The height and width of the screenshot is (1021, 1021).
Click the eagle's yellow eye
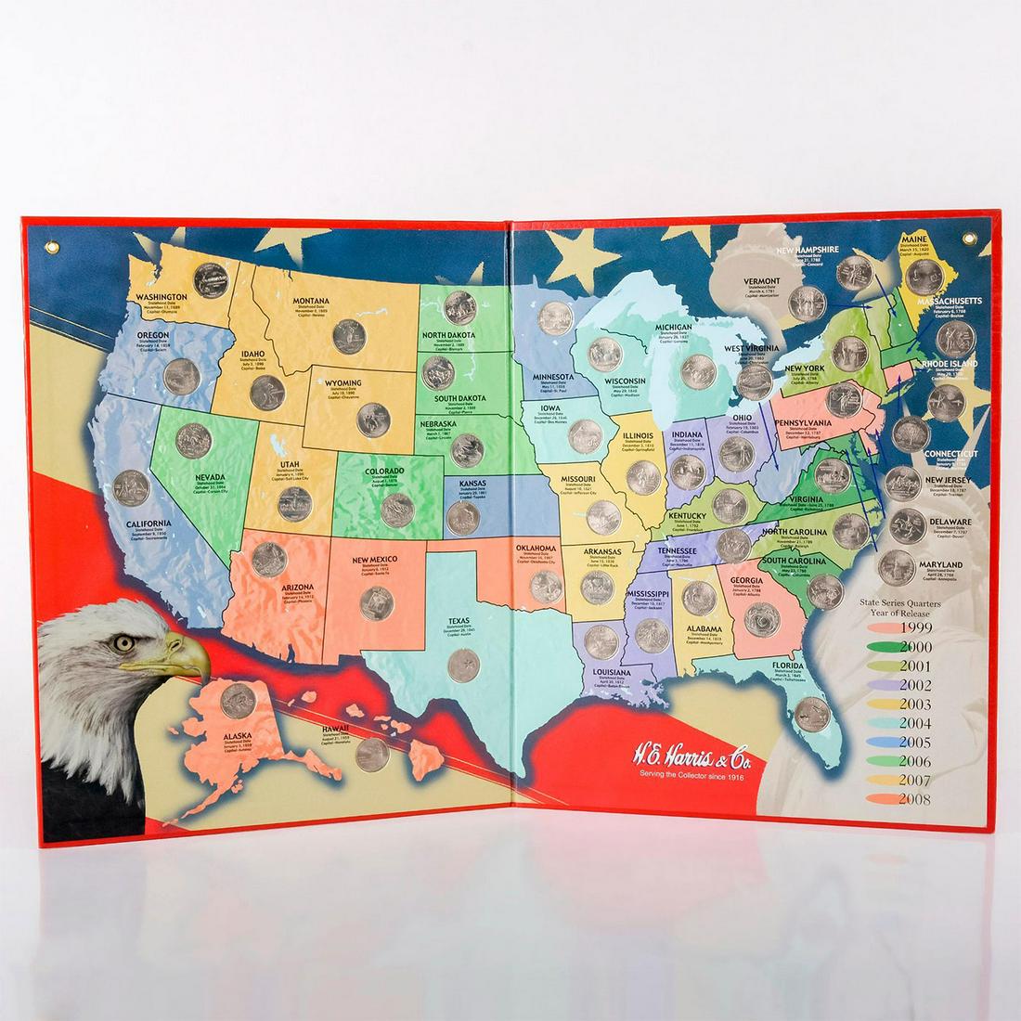pyautogui.click(x=120, y=641)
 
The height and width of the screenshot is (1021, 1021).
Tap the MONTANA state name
pyautogui.click(x=311, y=302)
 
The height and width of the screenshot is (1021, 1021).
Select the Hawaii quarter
pyautogui.click(x=372, y=755)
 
